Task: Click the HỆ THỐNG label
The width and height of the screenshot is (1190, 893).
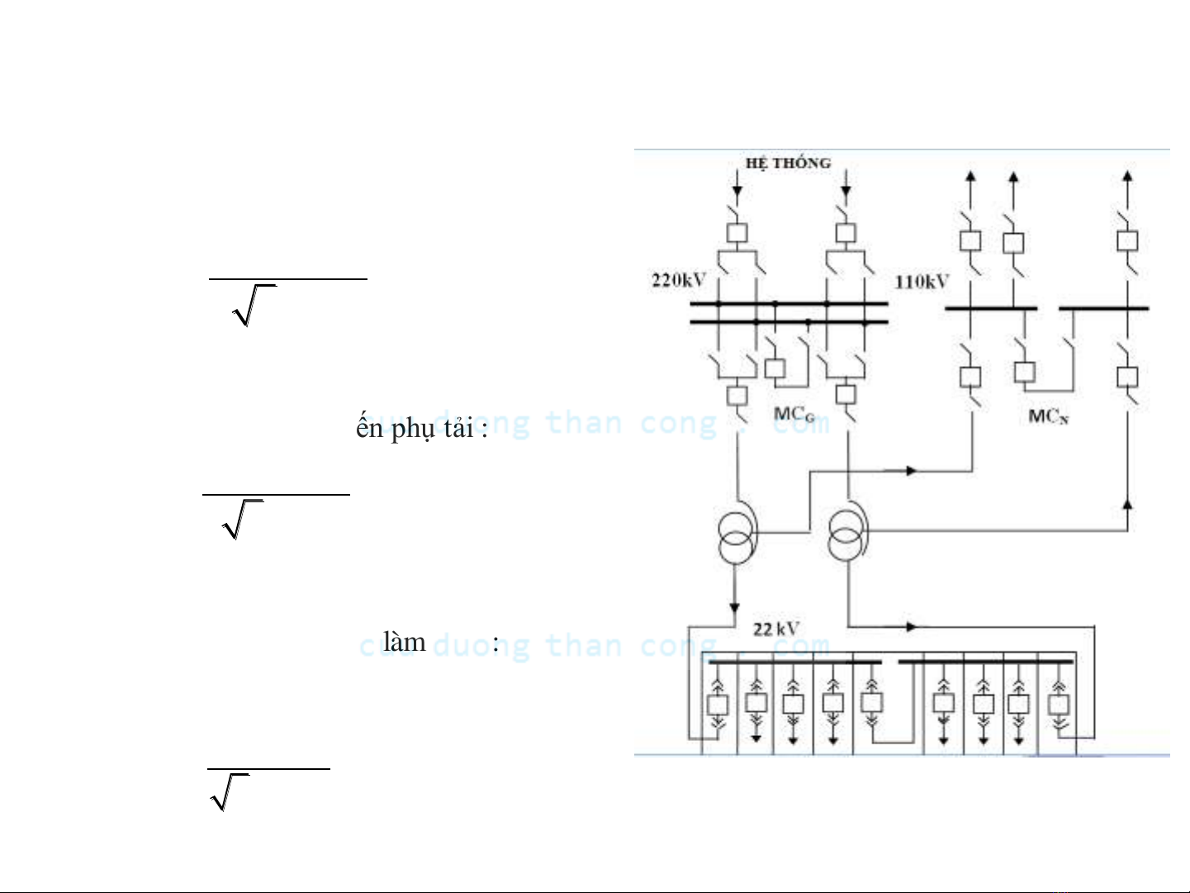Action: (x=787, y=163)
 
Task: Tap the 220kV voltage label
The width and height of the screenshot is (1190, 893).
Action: (x=678, y=280)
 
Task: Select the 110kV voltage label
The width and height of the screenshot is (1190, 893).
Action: (x=922, y=282)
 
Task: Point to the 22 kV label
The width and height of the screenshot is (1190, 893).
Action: (x=775, y=629)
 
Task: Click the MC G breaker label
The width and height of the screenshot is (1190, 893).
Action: (x=794, y=414)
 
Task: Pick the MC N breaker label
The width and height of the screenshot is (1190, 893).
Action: (x=1048, y=416)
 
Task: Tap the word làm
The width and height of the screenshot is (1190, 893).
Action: (x=404, y=642)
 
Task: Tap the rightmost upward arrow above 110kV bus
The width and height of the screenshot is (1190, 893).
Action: (x=1127, y=176)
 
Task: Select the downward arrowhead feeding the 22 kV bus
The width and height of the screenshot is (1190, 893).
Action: (x=734, y=609)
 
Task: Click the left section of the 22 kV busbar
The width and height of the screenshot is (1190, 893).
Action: (x=794, y=662)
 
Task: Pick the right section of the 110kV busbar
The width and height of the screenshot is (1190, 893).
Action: (x=1103, y=308)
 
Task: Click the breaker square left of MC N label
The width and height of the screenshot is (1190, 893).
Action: (x=1024, y=371)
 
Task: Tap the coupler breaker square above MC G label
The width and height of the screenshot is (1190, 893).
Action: (x=775, y=368)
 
